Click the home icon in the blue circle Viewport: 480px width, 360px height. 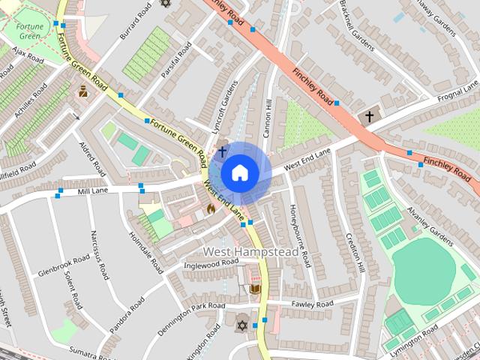point(239,172)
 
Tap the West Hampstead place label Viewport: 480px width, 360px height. point(251,251)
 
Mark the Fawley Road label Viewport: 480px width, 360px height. point(313,304)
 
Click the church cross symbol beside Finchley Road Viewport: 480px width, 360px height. point(368,117)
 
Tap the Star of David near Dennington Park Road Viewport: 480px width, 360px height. point(241,325)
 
